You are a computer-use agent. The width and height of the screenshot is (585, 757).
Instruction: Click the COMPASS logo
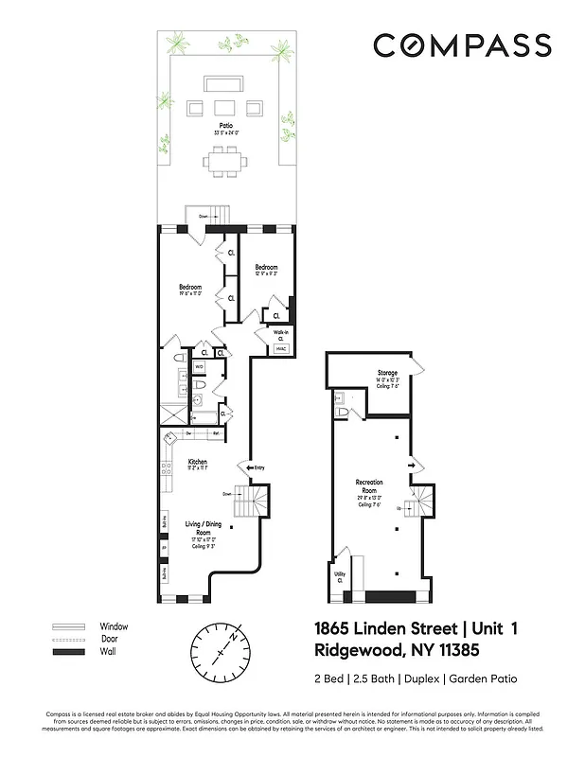click(461, 44)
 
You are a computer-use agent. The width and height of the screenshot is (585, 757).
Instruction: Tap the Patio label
click(225, 125)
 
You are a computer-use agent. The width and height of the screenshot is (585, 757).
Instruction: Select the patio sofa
click(225, 82)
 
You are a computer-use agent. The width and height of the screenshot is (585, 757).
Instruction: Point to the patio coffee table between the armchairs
click(225, 106)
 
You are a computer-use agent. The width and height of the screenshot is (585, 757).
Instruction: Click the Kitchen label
click(197, 462)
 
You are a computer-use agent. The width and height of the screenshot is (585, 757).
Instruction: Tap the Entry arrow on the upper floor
click(255, 467)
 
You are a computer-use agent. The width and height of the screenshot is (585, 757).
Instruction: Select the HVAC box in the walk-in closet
click(281, 348)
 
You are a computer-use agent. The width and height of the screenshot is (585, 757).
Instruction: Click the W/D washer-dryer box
click(199, 366)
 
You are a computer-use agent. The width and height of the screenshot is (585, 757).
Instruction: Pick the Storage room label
click(386, 373)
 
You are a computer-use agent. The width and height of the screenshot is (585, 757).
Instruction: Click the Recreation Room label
click(368, 486)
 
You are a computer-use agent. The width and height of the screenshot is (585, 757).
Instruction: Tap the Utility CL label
click(338, 576)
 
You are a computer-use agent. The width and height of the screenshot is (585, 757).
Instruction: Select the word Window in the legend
click(114, 626)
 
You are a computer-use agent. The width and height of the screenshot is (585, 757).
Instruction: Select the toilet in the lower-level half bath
click(341, 413)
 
